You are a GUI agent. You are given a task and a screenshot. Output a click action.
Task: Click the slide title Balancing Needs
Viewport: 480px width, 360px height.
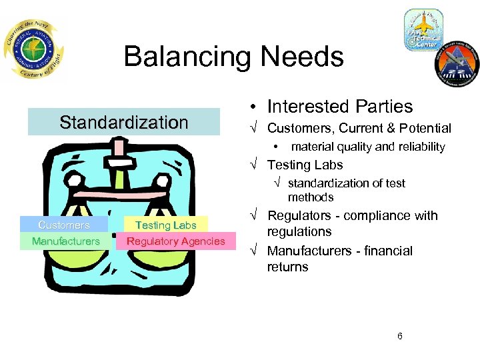point(233,57)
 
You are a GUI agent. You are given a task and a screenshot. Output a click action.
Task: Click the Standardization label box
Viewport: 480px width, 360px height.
point(124,122)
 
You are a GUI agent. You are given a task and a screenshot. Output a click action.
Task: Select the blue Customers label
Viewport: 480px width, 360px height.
point(64,225)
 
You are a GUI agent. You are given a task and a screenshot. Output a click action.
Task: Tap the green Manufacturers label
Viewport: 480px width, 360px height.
point(65,241)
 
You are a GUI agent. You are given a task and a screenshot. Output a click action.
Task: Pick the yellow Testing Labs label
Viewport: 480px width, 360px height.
point(165,225)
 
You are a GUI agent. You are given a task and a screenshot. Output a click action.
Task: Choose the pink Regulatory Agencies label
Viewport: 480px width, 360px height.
point(176,241)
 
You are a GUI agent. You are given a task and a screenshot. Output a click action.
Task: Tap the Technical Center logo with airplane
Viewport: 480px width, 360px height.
point(423,30)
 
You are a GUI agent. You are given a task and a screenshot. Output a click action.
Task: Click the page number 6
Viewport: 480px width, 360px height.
point(399,336)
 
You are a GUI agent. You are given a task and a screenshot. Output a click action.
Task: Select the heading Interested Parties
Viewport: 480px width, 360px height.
point(339,107)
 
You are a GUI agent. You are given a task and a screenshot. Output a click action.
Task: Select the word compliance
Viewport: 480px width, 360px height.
point(377,216)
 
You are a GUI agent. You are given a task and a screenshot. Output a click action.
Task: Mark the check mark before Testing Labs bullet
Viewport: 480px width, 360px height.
point(254,165)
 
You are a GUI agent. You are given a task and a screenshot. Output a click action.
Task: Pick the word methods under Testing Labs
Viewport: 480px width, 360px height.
point(310,197)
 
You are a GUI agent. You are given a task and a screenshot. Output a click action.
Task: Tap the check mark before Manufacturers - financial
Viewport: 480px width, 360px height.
point(254,251)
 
